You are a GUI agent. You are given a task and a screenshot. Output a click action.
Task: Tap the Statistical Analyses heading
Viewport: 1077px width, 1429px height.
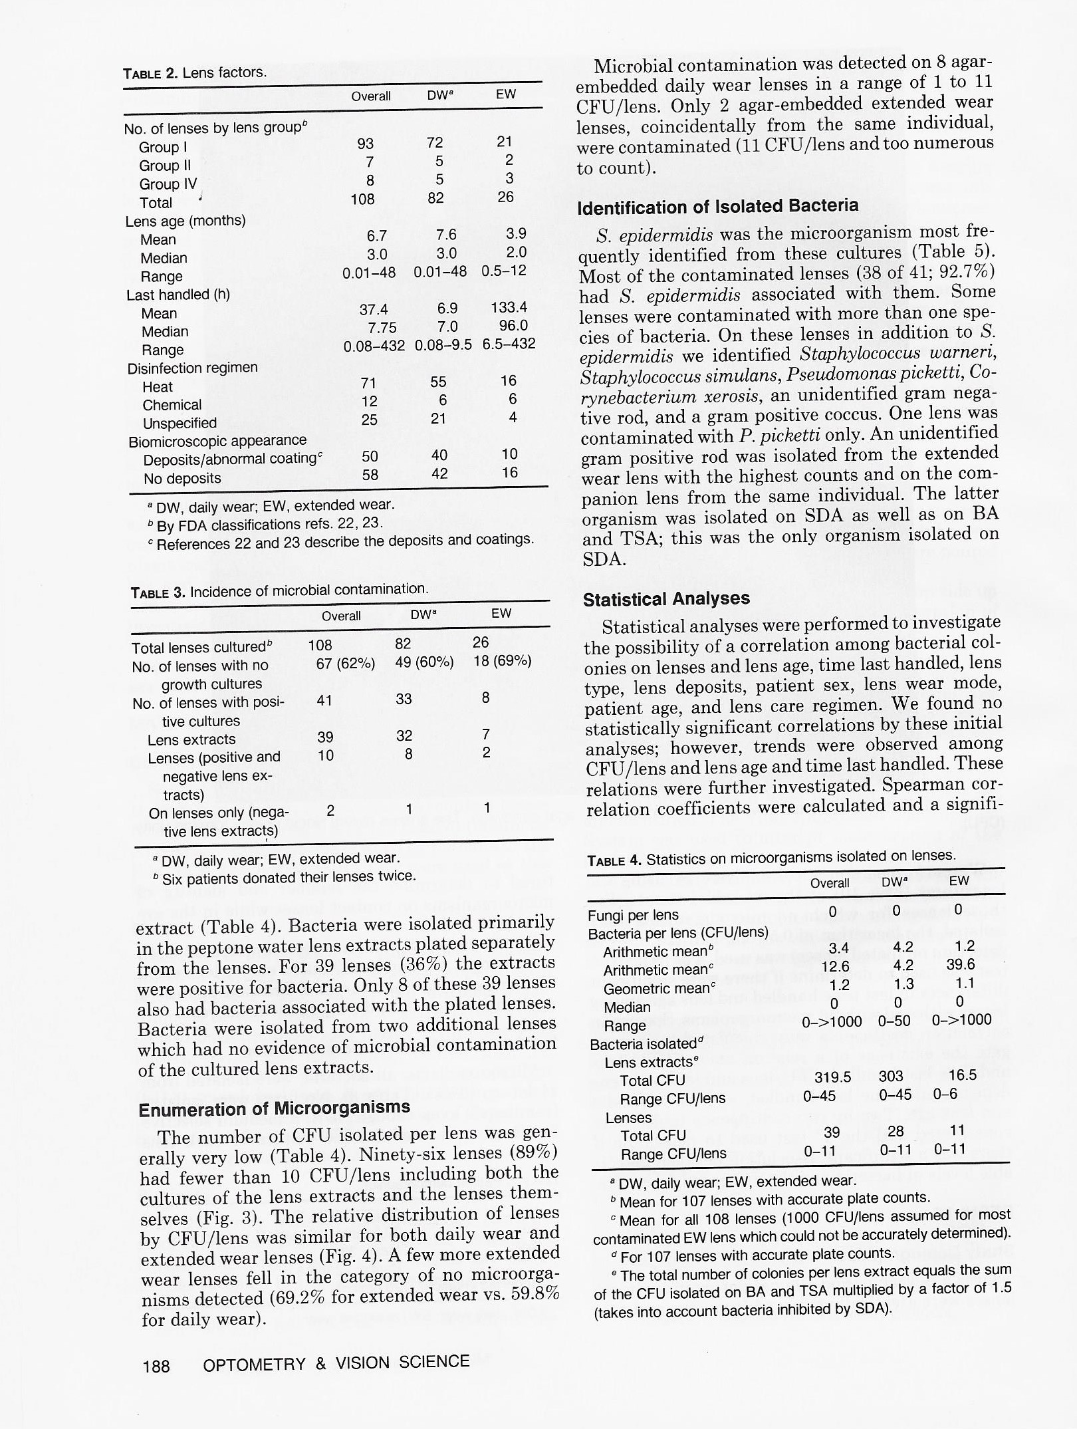click(x=666, y=599)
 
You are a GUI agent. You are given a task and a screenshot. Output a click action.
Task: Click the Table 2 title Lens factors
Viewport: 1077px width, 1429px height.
click(x=195, y=72)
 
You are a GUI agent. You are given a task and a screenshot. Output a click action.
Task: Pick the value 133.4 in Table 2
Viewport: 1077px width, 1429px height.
click(x=509, y=307)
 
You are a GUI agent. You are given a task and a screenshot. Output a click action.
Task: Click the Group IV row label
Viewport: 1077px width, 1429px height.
click(x=168, y=184)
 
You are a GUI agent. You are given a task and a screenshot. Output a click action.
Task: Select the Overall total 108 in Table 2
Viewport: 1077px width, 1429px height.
click(x=362, y=199)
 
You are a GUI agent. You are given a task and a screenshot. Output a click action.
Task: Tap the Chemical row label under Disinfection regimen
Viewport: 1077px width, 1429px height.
click(x=172, y=405)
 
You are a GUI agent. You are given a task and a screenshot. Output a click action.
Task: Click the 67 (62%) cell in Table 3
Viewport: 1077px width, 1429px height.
click(x=345, y=663)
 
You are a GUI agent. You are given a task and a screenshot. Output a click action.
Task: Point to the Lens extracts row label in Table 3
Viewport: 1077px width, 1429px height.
click(x=191, y=739)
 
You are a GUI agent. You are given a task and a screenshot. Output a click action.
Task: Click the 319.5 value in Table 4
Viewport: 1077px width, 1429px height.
click(x=832, y=1077)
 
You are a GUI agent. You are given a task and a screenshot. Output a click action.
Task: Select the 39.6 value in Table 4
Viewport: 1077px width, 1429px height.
click(x=961, y=965)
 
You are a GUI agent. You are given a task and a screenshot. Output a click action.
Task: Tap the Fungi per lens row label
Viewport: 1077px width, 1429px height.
click(x=633, y=915)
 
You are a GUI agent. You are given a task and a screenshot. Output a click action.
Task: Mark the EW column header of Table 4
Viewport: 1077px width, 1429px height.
click(x=959, y=881)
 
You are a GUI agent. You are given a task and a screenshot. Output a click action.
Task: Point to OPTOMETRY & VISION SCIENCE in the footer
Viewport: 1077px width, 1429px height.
click(x=336, y=1364)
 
